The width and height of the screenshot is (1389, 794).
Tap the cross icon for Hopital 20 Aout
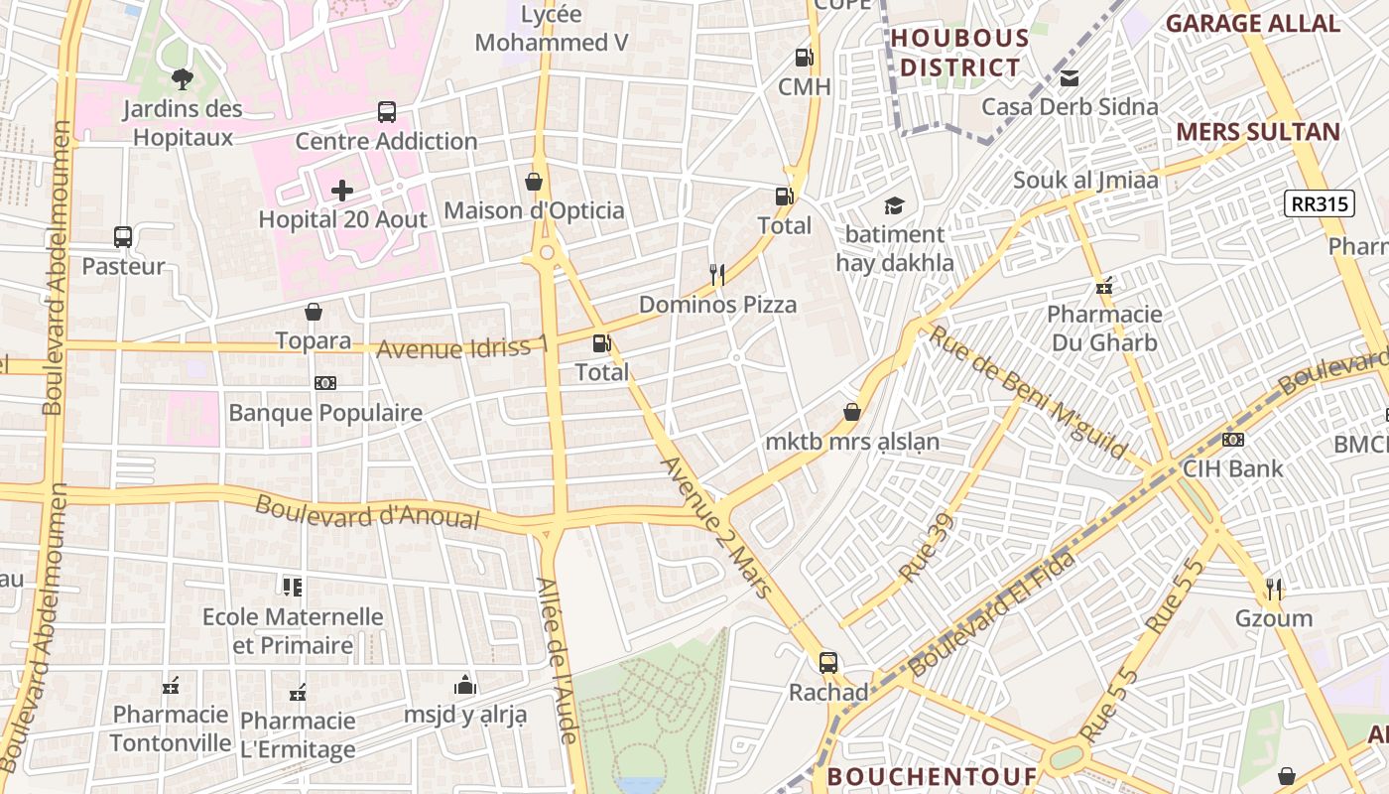click(342, 190)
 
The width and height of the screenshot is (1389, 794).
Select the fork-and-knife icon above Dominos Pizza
click(717, 274)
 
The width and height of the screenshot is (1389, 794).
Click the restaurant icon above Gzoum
click(1274, 590)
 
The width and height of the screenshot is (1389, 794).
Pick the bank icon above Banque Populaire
click(324, 383)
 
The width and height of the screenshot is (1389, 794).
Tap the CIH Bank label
click(1233, 468)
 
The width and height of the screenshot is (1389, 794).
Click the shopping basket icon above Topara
click(314, 312)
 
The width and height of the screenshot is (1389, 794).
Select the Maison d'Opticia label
click(534, 210)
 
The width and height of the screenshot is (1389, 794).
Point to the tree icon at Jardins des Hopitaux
click(182, 78)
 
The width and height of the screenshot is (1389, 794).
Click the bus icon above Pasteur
click(123, 237)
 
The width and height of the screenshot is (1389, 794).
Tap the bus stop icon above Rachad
click(828, 662)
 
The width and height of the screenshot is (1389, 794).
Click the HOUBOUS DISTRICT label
click(959, 54)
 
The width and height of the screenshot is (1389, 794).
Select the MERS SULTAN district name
click(1257, 132)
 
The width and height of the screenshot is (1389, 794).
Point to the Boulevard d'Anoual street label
click(367, 512)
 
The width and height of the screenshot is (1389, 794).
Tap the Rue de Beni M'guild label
click(1027, 394)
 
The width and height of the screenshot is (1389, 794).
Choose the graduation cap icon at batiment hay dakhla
click(895, 205)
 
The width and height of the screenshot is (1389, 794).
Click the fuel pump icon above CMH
click(804, 58)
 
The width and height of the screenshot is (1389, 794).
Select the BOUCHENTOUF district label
click(932, 776)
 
